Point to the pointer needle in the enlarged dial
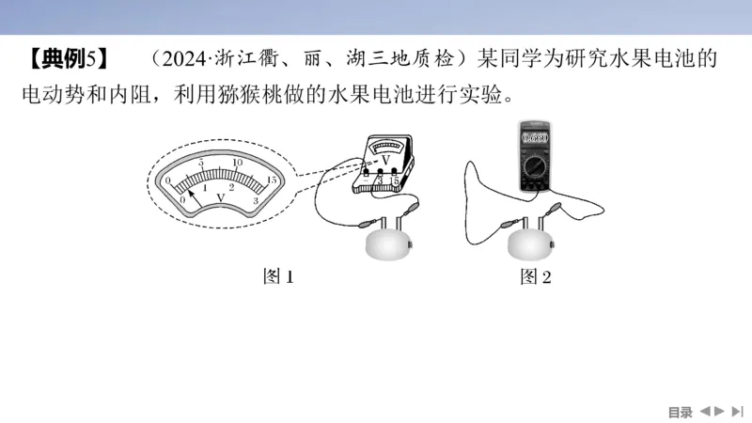pos(194,186)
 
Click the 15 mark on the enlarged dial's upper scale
pos(271,179)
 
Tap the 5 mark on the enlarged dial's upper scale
pos(200,164)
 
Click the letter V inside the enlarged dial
pos(220,197)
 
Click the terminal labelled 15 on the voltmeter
pos(396,180)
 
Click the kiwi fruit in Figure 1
pos(387,245)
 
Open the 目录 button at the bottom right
pos(680,412)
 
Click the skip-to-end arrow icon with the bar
pos(738,411)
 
